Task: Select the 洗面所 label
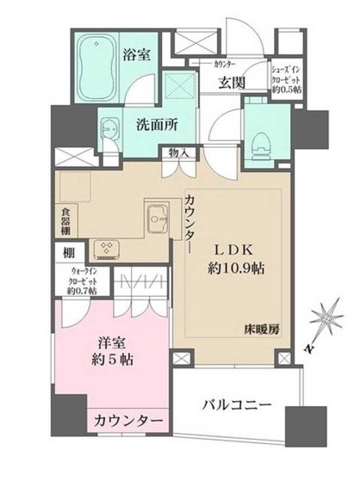pyautogui.click(x=155, y=123)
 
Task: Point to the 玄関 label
pyautogui.click(x=230, y=83)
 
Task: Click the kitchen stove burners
pyautogui.click(x=109, y=247)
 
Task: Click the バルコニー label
pyautogui.click(x=238, y=403)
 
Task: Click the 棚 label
pyautogui.click(x=67, y=255)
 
